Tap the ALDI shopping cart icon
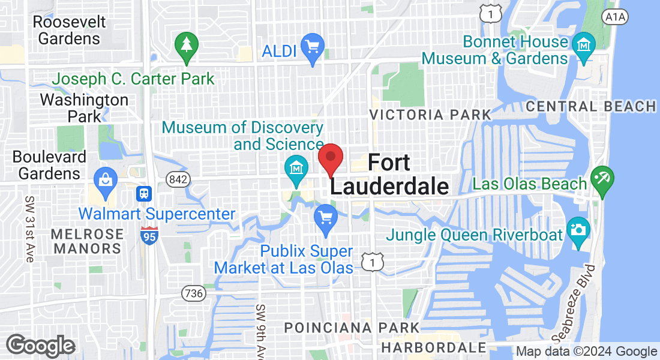click(312, 46)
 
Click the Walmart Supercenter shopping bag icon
click(106, 179)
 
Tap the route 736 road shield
click(193, 293)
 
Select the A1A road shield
click(616, 16)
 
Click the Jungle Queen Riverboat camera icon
click(579, 231)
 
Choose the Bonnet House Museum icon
click(583, 43)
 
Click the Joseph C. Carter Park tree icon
click(186, 44)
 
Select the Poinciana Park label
click(352, 328)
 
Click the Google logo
click(40, 346)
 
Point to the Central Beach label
click(591, 107)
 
